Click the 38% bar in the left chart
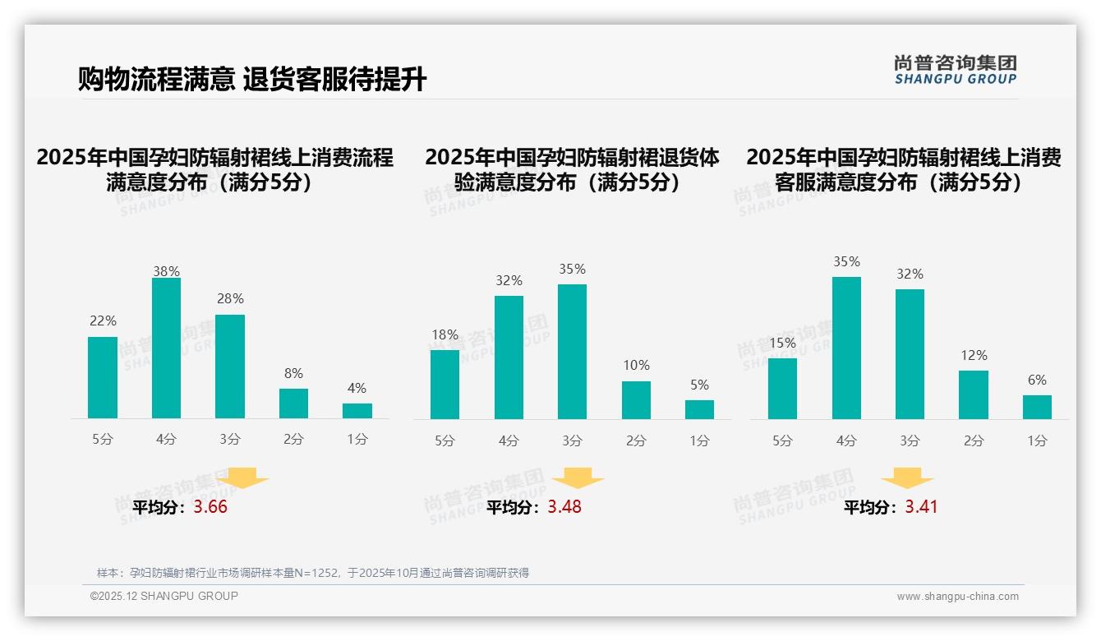point(166,348)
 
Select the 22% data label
point(103,320)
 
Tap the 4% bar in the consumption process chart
point(357,411)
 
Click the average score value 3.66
point(210,507)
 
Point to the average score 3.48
point(564,507)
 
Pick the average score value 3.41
point(921,507)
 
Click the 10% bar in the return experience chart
point(636,400)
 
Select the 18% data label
point(445,334)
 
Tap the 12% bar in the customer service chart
point(974,394)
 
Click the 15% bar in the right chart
point(782,389)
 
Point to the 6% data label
point(1037,380)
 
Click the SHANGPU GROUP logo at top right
point(955,70)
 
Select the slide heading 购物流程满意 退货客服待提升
point(252,80)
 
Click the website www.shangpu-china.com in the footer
point(957,597)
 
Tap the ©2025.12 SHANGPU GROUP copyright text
point(164,596)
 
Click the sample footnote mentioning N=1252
point(312,573)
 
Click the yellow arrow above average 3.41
point(907,478)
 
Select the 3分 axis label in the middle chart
point(572,440)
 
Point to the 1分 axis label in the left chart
point(357,440)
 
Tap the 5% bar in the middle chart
point(699,409)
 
